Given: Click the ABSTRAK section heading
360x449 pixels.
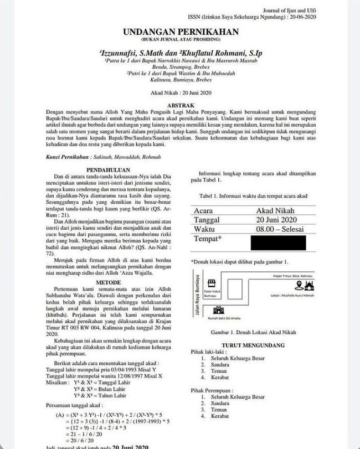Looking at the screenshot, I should [x=180, y=104].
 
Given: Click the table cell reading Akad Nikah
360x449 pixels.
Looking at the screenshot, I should [x=275, y=210].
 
